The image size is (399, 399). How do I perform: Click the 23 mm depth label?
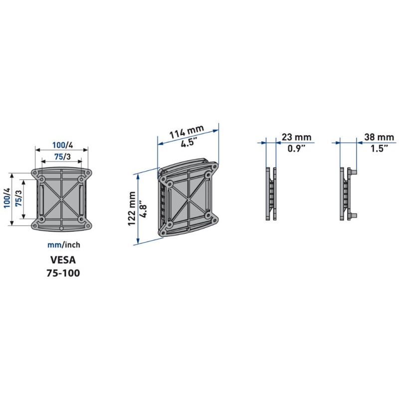[x=296, y=137]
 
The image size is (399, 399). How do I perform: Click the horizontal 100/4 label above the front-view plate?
[x=63, y=145]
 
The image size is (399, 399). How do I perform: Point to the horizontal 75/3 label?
[x=62, y=157]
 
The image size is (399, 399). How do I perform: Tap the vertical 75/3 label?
[x=18, y=199]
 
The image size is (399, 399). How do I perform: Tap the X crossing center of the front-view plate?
[x=61, y=198]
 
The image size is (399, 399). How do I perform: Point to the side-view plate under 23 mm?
[x=270, y=194]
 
